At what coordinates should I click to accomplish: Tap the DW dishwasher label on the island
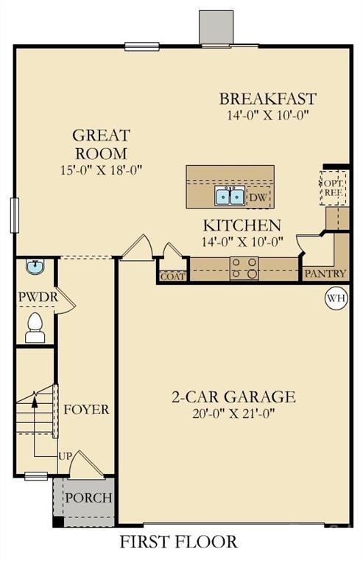(257, 197)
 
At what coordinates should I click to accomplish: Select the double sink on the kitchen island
(230, 196)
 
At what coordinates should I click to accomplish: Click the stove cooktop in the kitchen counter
(244, 268)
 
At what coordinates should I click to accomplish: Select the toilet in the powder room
(35, 327)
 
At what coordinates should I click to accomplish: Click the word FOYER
(86, 409)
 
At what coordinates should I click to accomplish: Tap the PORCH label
(89, 497)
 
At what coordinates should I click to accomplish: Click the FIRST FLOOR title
(179, 542)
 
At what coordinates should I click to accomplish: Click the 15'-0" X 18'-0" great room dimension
(100, 169)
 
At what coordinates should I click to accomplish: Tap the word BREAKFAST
(268, 99)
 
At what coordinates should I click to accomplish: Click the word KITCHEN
(242, 225)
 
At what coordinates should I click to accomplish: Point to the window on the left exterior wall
(13, 215)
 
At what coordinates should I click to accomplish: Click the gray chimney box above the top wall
(216, 27)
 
